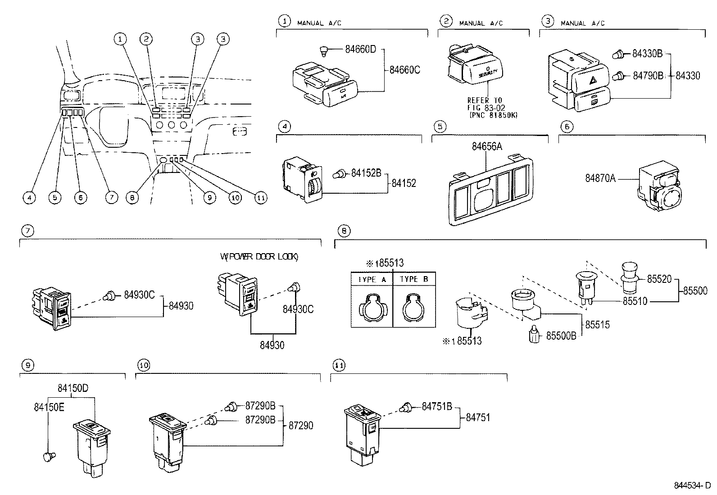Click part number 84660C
click(404, 70)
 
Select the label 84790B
click(648, 75)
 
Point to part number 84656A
click(486, 146)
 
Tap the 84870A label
click(600, 178)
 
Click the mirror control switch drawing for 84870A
click(659, 188)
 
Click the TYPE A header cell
click(372, 279)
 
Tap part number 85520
click(659, 279)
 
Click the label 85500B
click(561, 336)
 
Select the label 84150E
click(49, 407)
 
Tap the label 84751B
click(436, 406)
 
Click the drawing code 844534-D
click(692, 486)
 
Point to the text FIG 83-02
click(487, 108)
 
